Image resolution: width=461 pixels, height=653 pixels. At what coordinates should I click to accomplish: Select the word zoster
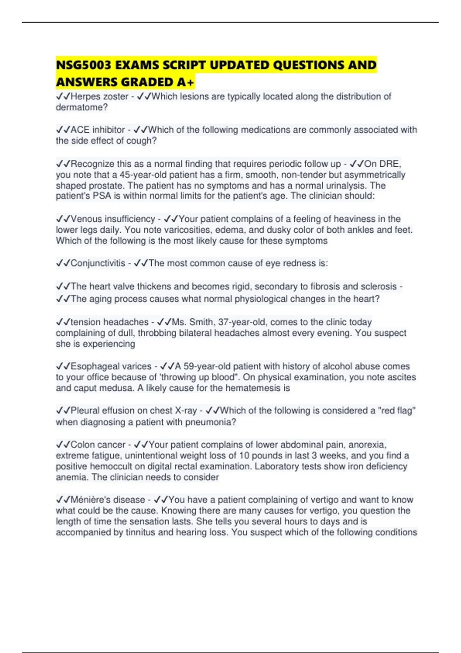click(x=115, y=96)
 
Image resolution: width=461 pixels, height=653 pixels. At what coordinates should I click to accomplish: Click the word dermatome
click(x=80, y=107)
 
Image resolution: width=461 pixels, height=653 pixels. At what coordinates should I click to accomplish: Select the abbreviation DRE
click(x=389, y=164)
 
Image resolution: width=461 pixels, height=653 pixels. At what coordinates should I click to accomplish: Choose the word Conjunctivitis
click(x=98, y=263)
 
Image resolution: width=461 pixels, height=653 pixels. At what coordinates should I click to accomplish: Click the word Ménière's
click(x=90, y=500)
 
